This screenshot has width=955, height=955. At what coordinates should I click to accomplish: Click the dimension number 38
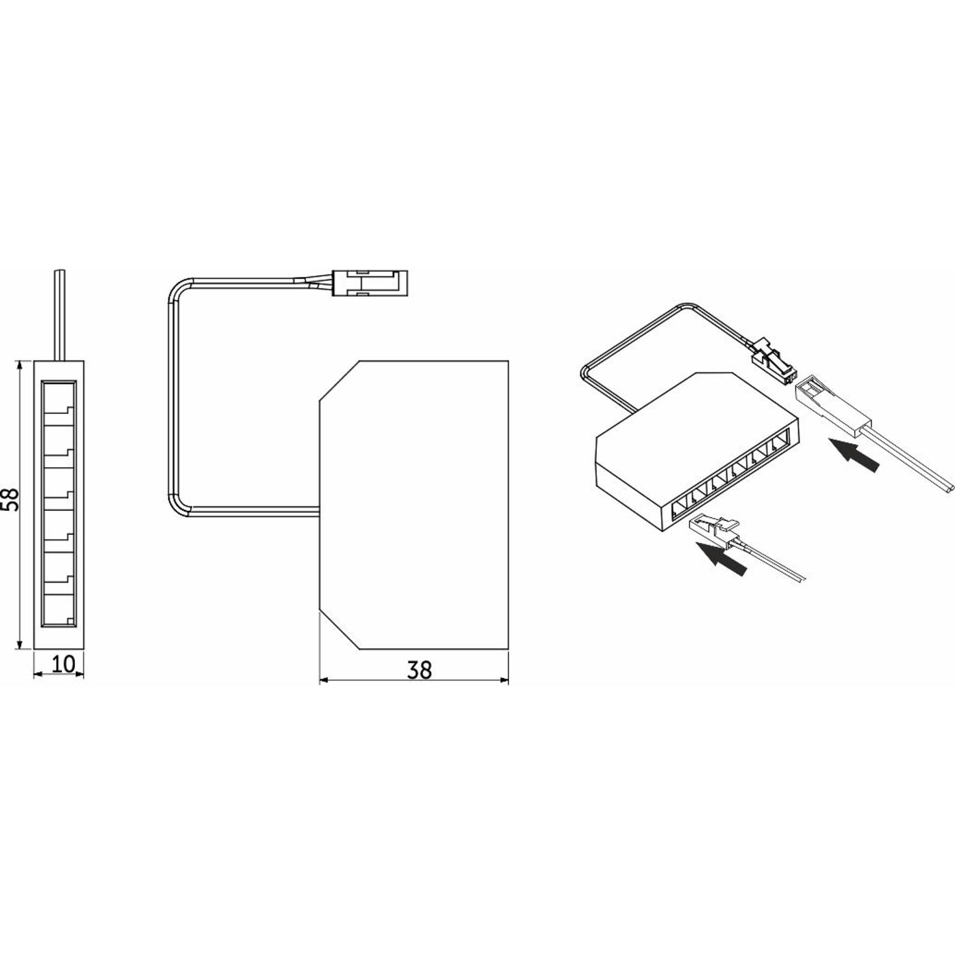pyautogui.click(x=420, y=670)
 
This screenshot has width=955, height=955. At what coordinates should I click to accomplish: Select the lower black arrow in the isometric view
pyautogui.click(x=720, y=559)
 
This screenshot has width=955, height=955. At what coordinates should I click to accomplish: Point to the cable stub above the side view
pyautogui.click(x=59, y=315)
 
